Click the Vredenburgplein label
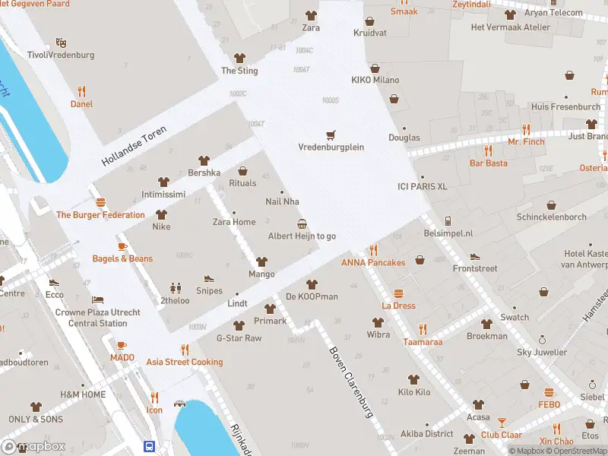pos(331,147)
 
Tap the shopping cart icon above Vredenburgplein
pos(331,135)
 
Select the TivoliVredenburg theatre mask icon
pos(61,43)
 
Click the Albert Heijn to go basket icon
pos(302,224)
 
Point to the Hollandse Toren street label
pos(134,147)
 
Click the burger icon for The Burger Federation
pos(100,203)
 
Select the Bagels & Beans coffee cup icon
pos(122,247)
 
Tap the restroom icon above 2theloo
pos(176,288)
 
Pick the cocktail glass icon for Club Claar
pos(502,423)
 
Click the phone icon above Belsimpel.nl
pos(448,221)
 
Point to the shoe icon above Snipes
pos(209,279)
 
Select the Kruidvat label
pos(370,33)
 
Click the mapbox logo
pos(34,446)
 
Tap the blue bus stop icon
pos(150,447)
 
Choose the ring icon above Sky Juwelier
pos(542,340)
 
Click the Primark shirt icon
pos(270,309)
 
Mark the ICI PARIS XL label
pos(423,186)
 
